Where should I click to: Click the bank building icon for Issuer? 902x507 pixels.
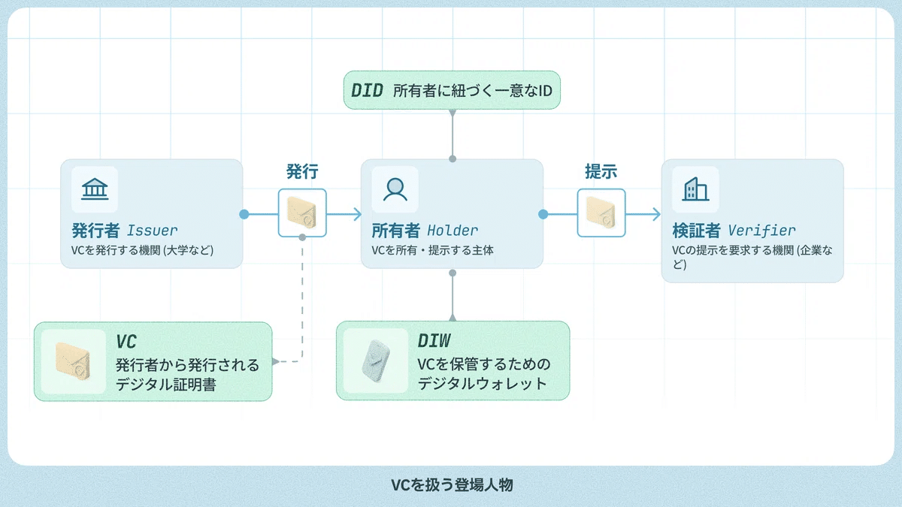(95, 189)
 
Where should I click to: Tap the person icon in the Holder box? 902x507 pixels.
(395, 189)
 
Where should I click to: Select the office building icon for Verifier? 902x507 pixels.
(695, 189)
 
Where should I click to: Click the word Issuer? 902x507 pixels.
(153, 230)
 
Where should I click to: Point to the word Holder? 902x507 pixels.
(453, 230)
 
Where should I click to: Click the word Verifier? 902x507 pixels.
(761, 230)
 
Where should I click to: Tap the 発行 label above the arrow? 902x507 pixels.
(302, 171)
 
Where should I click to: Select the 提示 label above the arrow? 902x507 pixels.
(601, 171)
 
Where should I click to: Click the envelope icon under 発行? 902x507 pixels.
(302, 213)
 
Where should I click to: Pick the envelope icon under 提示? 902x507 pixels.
(601, 213)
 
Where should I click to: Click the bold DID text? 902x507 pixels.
(367, 91)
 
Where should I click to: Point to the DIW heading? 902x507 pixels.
(434, 342)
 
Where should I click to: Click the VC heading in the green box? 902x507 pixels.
(126, 342)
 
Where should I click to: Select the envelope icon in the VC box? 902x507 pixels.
(73, 361)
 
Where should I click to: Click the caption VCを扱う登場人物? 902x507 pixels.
(451, 485)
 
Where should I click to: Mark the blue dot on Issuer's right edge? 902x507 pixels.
(244, 214)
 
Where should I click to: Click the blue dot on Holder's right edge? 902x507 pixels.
(543, 214)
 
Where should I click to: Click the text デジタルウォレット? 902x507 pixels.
(483, 383)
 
